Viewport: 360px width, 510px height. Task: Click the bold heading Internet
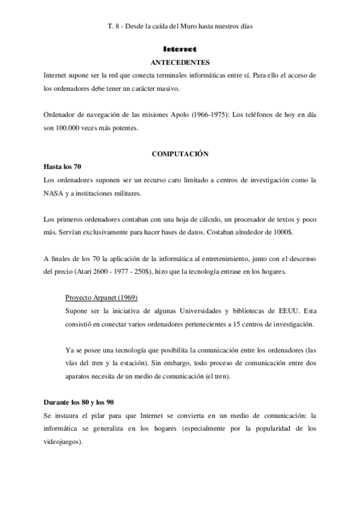click(x=180, y=49)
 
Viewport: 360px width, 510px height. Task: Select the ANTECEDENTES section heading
click(x=180, y=62)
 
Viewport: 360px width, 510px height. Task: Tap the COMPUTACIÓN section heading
click(x=180, y=154)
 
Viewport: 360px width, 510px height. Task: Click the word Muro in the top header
click(x=191, y=27)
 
